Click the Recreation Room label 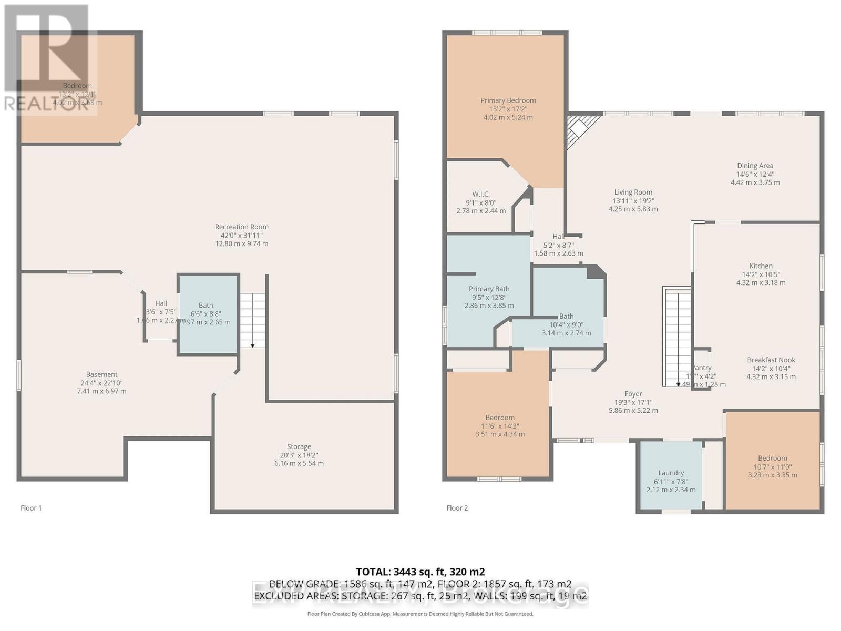coord(241,227)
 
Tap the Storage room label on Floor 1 coord(299,447)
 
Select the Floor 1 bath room coord(208,314)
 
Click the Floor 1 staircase coord(253,320)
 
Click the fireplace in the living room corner coord(580,130)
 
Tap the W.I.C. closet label coord(480,195)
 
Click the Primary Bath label coord(489,289)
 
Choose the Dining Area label coord(755,166)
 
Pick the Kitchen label coord(761,266)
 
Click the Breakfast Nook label coord(771,360)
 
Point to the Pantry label coord(702,368)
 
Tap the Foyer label coord(633,394)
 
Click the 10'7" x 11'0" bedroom coord(772,463)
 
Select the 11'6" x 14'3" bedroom coord(499,421)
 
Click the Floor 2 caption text coord(457,508)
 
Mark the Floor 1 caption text coord(31,508)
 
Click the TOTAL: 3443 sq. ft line coord(420,572)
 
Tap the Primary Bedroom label coord(508,100)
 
